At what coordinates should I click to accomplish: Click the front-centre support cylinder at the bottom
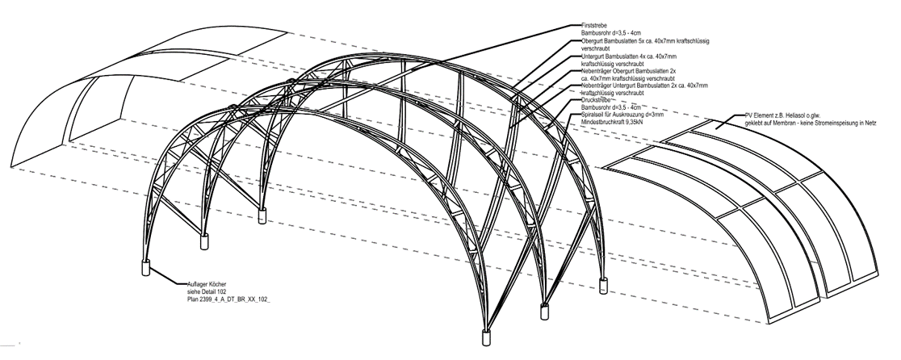pyautogui.click(x=487, y=337)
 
